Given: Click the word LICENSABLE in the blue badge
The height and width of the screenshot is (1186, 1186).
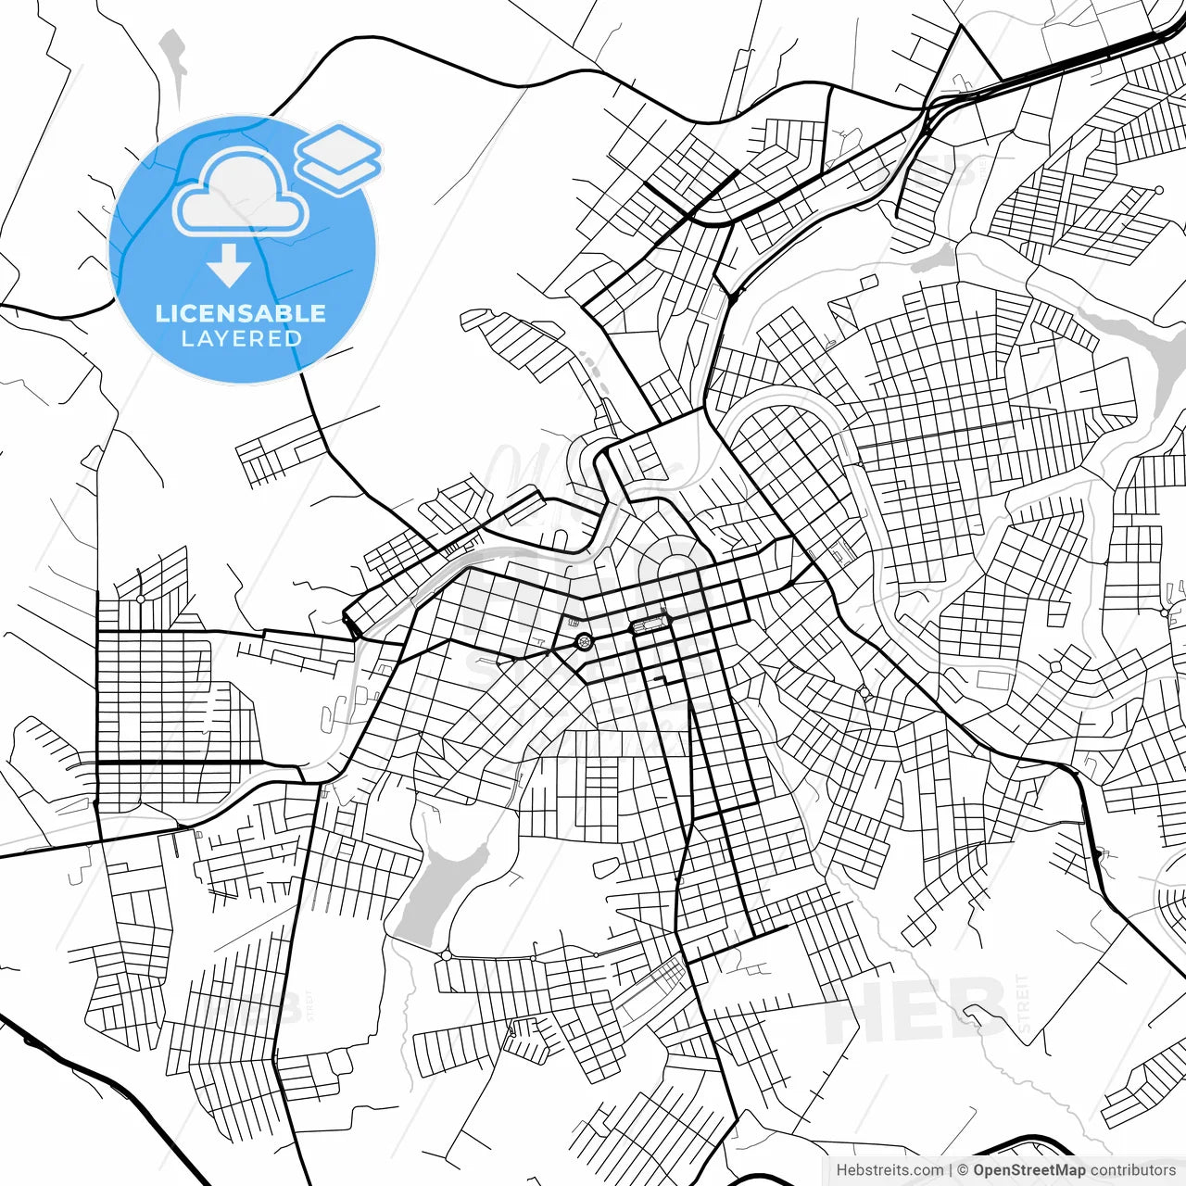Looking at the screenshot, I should coord(241,313).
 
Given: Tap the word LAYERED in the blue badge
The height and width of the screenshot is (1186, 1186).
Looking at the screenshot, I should coord(241,339).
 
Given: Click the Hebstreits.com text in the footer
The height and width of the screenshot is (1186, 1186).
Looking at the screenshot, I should coord(889,1170).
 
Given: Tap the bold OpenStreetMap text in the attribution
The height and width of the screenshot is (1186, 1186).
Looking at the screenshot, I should coord(1029,1170).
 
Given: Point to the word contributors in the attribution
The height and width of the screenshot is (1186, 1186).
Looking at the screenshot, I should coord(1132,1170).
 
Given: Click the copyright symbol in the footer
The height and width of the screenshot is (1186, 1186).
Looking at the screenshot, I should coord(964,1170).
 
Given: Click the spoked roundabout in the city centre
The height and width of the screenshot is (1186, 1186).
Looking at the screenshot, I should coord(584,641).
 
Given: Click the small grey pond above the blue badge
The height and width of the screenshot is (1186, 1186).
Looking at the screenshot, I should coord(173,60).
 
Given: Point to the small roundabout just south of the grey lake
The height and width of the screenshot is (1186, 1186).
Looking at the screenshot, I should coord(446,954).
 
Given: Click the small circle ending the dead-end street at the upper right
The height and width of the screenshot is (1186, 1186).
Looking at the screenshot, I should coord(1159,190).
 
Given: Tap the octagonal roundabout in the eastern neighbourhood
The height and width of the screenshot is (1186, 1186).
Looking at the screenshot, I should coord(1055,666).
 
